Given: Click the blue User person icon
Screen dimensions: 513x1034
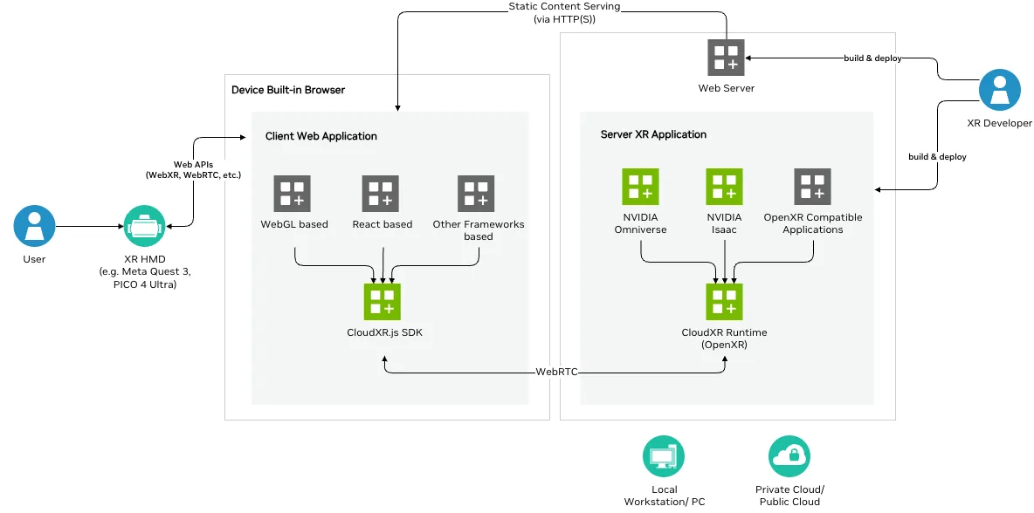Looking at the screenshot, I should pyautogui.click(x=34, y=227).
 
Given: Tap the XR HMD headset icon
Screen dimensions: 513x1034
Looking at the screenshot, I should pyautogui.click(x=144, y=227).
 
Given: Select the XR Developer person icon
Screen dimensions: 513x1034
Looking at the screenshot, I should pyautogui.click(x=999, y=92).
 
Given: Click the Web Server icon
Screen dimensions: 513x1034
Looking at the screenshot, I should pyautogui.click(x=726, y=58).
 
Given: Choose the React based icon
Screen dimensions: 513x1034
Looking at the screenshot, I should pyautogui.click(x=381, y=194).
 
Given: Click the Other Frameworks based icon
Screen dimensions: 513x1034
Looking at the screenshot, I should pyautogui.click(x=476, y=194).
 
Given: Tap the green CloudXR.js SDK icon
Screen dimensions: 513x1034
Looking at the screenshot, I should pyautogui.click(x=382, y=302).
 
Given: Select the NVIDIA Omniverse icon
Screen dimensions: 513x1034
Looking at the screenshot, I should pyautogui.click(x=640, y=187).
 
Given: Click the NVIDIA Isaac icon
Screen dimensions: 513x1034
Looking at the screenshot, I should pyautogui.click(x=724, y=187).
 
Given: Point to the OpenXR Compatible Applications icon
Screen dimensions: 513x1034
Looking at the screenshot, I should pyautogui.click(x=812, y=187).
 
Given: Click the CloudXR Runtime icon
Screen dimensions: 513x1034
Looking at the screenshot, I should pyautogui.click(x=724, y=302).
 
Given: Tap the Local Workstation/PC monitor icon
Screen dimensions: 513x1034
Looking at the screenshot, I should pyautogui.click(x=664, y=455).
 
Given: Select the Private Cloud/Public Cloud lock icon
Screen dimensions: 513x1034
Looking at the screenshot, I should pyautogui.click(x=789, y=455).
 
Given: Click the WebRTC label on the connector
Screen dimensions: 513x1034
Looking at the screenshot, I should pyautogui.click(x=556, y=373).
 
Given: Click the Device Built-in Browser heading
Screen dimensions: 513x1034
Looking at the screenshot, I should pyautogui.click(x=288, y=90).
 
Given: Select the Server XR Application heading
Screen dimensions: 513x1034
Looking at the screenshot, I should pyautogui.click(x=653, y=134).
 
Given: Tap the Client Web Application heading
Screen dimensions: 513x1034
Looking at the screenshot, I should pyautogui.click(x=321, y=136).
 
